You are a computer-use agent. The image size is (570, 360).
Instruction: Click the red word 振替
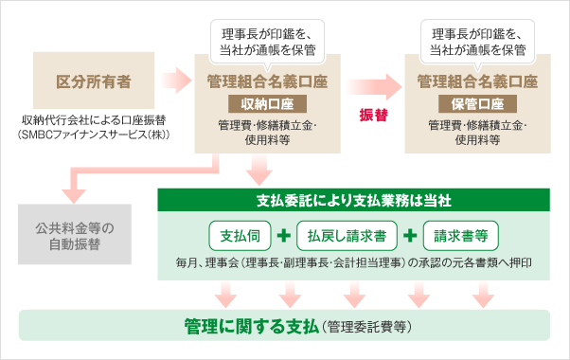[374, 115]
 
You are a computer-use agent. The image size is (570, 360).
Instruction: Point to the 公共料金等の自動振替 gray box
[69, 236]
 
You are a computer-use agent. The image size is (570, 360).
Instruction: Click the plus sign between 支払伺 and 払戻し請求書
[285, 234]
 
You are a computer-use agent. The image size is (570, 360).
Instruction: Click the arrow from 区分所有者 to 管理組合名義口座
[175, 80]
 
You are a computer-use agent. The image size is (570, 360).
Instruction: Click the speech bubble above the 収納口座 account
[267, 40]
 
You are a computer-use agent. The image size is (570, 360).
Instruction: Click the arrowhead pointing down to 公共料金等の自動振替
[69, 194]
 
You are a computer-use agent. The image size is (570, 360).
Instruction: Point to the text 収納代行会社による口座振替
[92, 121]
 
